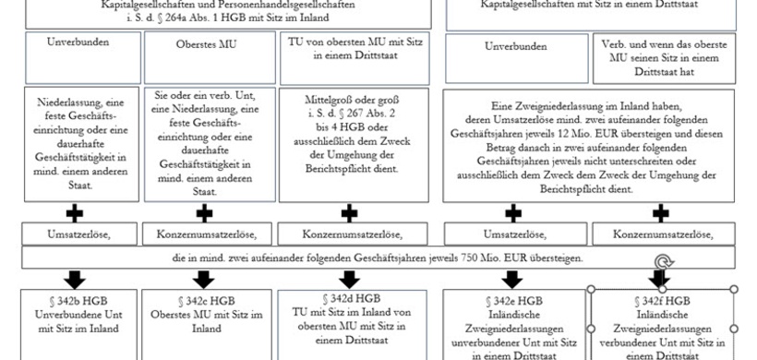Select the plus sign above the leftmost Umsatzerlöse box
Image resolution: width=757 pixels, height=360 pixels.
(75, 212)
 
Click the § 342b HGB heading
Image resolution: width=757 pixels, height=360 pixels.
(75, 301)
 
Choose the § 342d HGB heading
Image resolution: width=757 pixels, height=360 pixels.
(349, 298)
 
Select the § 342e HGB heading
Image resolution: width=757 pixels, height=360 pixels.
(511, 301)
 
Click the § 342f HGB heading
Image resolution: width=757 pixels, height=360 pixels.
(661, 301)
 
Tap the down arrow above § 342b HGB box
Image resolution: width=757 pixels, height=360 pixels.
(75, 277)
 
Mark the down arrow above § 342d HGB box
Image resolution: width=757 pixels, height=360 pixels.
(349, 277)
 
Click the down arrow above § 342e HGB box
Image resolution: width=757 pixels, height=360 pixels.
(511, 277)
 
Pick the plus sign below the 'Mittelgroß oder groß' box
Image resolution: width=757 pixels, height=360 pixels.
(349, 212)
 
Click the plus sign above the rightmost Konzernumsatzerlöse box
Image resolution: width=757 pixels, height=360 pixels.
(661, 212)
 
